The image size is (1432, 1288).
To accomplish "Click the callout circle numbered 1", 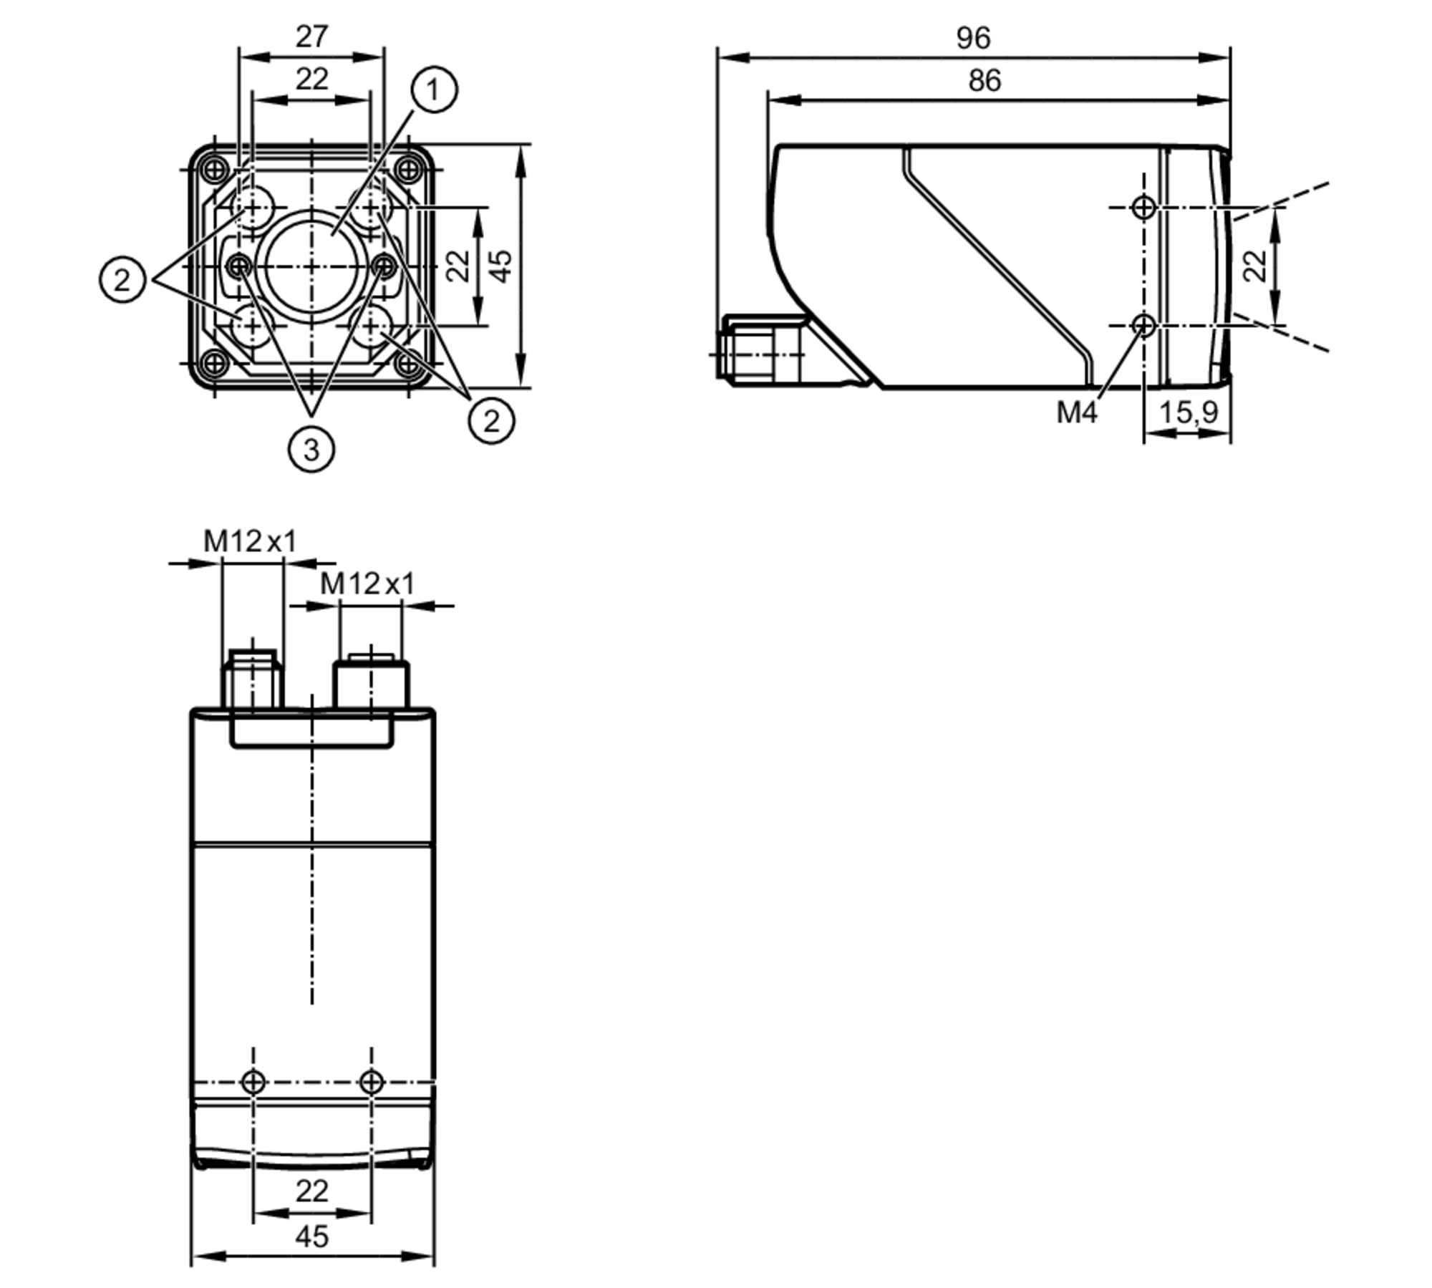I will tap(434, 90).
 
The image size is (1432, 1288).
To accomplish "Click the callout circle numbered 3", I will tap(311, 450).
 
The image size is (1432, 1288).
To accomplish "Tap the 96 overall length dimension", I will tap(973, 38).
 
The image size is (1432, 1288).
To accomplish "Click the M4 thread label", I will tap(1076, 412).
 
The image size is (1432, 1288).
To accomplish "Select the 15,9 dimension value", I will tap(1188, 412).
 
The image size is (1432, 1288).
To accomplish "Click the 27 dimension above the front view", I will tap(311, 37).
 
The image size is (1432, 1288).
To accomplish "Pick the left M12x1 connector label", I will tap(250, 541).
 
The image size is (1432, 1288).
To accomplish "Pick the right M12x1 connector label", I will tap(367, 584).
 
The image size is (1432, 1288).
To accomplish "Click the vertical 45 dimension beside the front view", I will tap(503, 266).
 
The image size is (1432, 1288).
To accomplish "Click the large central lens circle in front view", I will tap(311, 266).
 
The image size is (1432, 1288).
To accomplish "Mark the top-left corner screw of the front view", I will tap(215, 170).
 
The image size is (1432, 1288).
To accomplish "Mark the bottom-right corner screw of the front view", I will tap(408, 364).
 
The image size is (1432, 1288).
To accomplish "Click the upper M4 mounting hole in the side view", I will tap(1144, 208).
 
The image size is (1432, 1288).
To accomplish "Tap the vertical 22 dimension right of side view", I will tap(1254, 266).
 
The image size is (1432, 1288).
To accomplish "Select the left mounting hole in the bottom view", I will tap(253, 1081).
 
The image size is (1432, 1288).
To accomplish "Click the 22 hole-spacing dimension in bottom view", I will tap(311, 1191).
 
